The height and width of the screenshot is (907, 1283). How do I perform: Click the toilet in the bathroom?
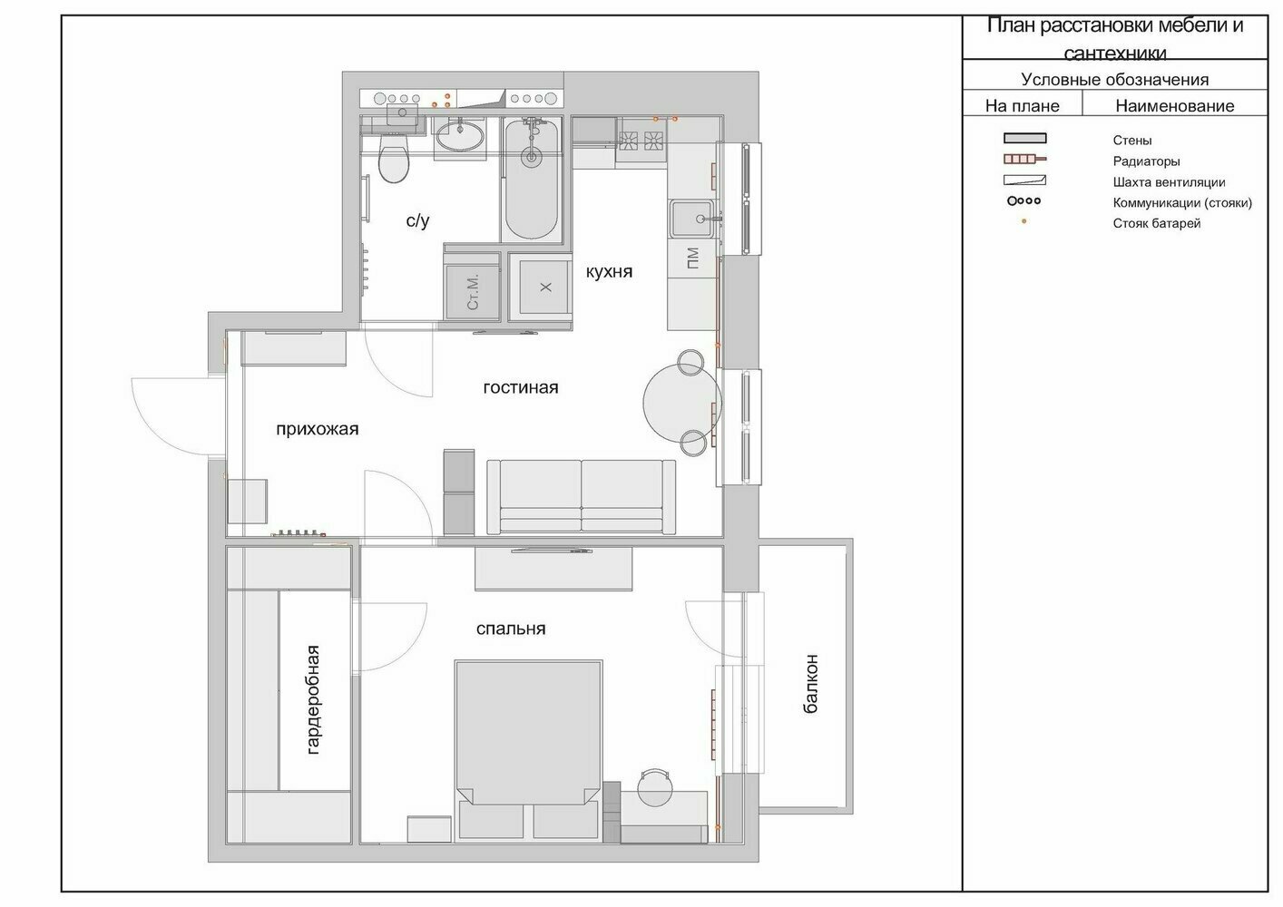[x=394, y=158]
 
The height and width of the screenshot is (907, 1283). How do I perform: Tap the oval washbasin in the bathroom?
[x=459, y=136]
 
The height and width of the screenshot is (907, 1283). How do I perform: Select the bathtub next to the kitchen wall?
[x=532, y=179]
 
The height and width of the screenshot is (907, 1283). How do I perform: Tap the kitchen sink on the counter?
[x=693, y=219]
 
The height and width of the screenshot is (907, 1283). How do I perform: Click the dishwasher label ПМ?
[x=692, y=258]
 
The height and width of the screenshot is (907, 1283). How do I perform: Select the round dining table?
[x=681, y=401]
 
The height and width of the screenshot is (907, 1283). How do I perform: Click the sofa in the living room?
[x=581, y=497]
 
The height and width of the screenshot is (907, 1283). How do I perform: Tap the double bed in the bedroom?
[x=528, y=751]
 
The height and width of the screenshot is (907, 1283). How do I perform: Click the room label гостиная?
[x=521, y=387]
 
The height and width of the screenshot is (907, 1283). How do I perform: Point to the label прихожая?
[x=318, y=429]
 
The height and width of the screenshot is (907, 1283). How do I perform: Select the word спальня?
[x=511, y=629]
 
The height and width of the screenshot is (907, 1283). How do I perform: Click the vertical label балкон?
[x=810, y=684]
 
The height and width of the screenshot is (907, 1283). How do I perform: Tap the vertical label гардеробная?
[x=313, y=699]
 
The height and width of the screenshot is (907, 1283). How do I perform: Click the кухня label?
[x=609, y=271]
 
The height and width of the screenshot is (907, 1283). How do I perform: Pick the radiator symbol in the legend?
[x=1024, y=159]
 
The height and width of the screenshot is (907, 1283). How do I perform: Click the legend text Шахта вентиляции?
[x=1169, y=182]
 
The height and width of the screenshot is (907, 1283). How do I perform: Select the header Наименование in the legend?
[x=1175, y=106]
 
